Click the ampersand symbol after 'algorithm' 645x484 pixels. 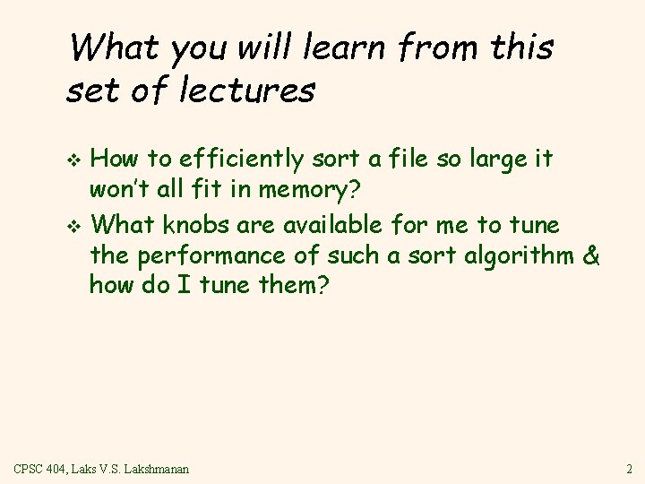(590, 256)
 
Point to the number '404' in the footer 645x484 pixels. (62, 469)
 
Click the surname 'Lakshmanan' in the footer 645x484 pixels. (158, 469)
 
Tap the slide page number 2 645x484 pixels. (630, 469)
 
